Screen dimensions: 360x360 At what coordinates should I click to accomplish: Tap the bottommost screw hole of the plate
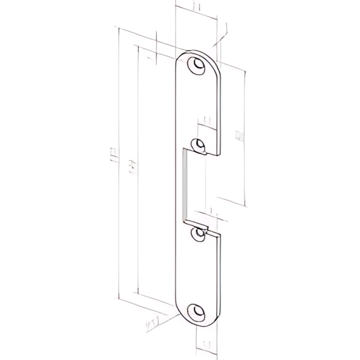click(x=198, y=312)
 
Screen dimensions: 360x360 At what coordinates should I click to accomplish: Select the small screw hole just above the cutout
click(x=199, y=145)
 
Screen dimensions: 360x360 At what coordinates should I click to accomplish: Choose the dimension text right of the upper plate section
click(x=241, y=135)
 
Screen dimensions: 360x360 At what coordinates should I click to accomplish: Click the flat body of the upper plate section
click(x=200, y=103)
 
